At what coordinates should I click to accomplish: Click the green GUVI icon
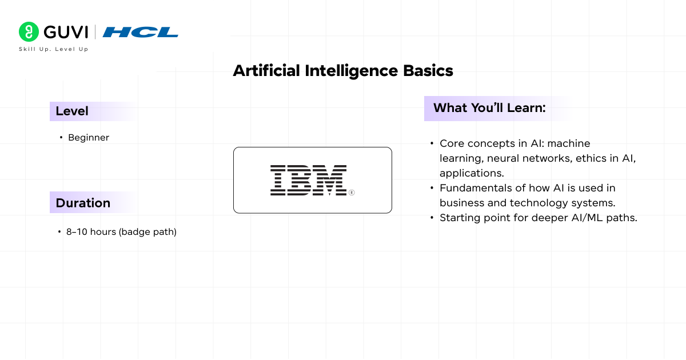pyautogui.click(x=29, y=32)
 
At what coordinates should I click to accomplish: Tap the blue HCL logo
pyautogui.click(x=141, y=32)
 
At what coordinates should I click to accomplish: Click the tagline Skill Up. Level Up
pyautogui.click(x=54, y=49)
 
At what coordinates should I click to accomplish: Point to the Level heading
pyautogui.click(x=72, y=111)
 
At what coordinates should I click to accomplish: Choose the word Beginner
pyautogui.click(x=89, y=138)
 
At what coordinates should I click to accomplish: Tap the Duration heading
pyautogui.click(x=83, y=203)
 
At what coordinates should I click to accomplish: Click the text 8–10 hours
pyautogui.click(x=91, y=232)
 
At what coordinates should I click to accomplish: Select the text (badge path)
pyautogui.click(x=147, y=232)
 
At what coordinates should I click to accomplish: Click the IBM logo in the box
pyautogui.click(x=308, y=181)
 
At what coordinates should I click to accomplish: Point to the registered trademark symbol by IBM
pyautogui.click(x=352, y=193)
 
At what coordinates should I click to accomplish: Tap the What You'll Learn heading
pyautogui.click(x=489, y=108)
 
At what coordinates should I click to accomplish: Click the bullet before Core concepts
pyautogui.click(x=432, y=143)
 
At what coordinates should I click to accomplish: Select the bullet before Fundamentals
pyautogui.click(x=432, y=188)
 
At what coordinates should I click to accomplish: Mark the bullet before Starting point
pyautogui.click(x=432, y=218)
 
